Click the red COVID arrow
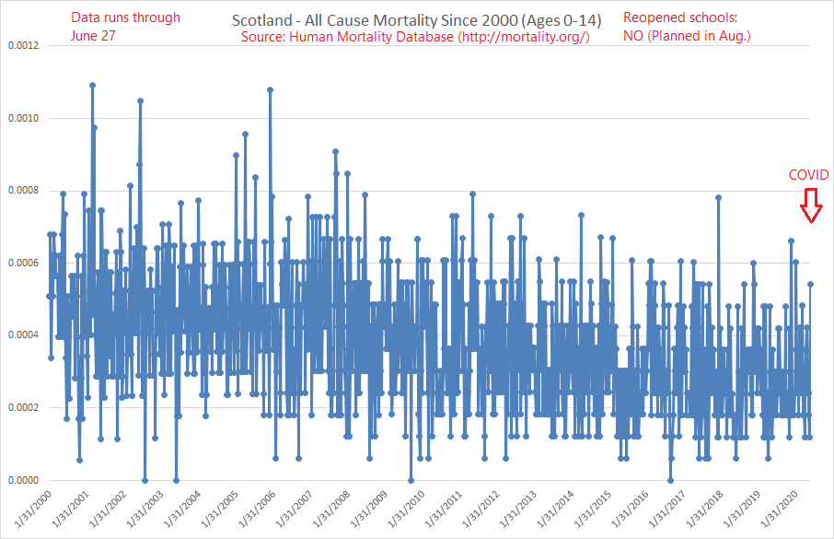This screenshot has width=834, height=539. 809,205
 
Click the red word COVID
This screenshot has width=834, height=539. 808,175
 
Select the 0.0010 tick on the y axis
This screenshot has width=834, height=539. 23,118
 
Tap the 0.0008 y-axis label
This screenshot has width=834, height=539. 23,191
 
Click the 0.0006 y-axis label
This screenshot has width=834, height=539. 23,263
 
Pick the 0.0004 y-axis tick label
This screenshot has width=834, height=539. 23,335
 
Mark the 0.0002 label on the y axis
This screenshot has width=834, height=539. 23,407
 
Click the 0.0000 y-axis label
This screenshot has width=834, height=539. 23,480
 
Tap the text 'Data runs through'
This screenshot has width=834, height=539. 125,18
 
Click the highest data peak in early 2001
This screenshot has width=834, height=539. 93,85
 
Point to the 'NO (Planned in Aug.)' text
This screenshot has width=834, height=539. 688,36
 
